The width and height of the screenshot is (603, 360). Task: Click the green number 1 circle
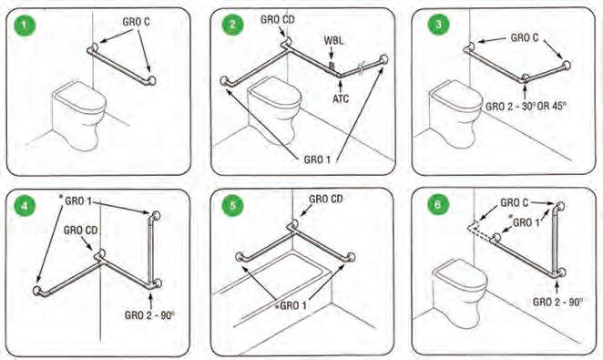pyautogui.click(x=25, y=26)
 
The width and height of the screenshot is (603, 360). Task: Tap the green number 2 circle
pyautogui.click(x=232, y=25)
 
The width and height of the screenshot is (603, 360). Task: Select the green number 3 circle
pyautogui.click(x=438, y=25)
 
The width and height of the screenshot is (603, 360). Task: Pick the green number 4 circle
pyautogui.click(x=25, y=206)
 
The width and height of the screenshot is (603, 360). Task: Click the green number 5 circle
pyautogui.click(x=232, y=205)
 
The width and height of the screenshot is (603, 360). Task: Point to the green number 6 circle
pyautogui.click(x=438, y=205)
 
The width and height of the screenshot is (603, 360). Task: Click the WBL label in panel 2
pyautogui.click(x=333, y=40)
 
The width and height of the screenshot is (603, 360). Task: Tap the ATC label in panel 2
pyautogui.click(x=341, y=98)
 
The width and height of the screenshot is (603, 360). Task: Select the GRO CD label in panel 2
pyautogui.click(x=277, y=19)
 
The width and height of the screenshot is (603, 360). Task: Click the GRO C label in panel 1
pyautogui.click(x=136, y=22)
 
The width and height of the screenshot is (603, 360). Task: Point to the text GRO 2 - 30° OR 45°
pyautogui.click(x=526, y=106)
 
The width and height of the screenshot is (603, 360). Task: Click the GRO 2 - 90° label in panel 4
pyautogui.click(x=149, y=315)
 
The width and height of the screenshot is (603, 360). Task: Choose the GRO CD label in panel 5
pyautogui.click(x=326, y=199)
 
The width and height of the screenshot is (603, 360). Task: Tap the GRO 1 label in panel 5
pyautogui.click(x=293, y=305)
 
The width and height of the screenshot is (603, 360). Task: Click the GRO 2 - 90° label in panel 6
pyautogui.click(x=557, y=302)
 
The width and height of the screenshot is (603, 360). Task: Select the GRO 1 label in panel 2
pyautogui.click(x=317, y=159)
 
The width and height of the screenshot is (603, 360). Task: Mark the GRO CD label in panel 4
pyautogui.click(x=80, y=231)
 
